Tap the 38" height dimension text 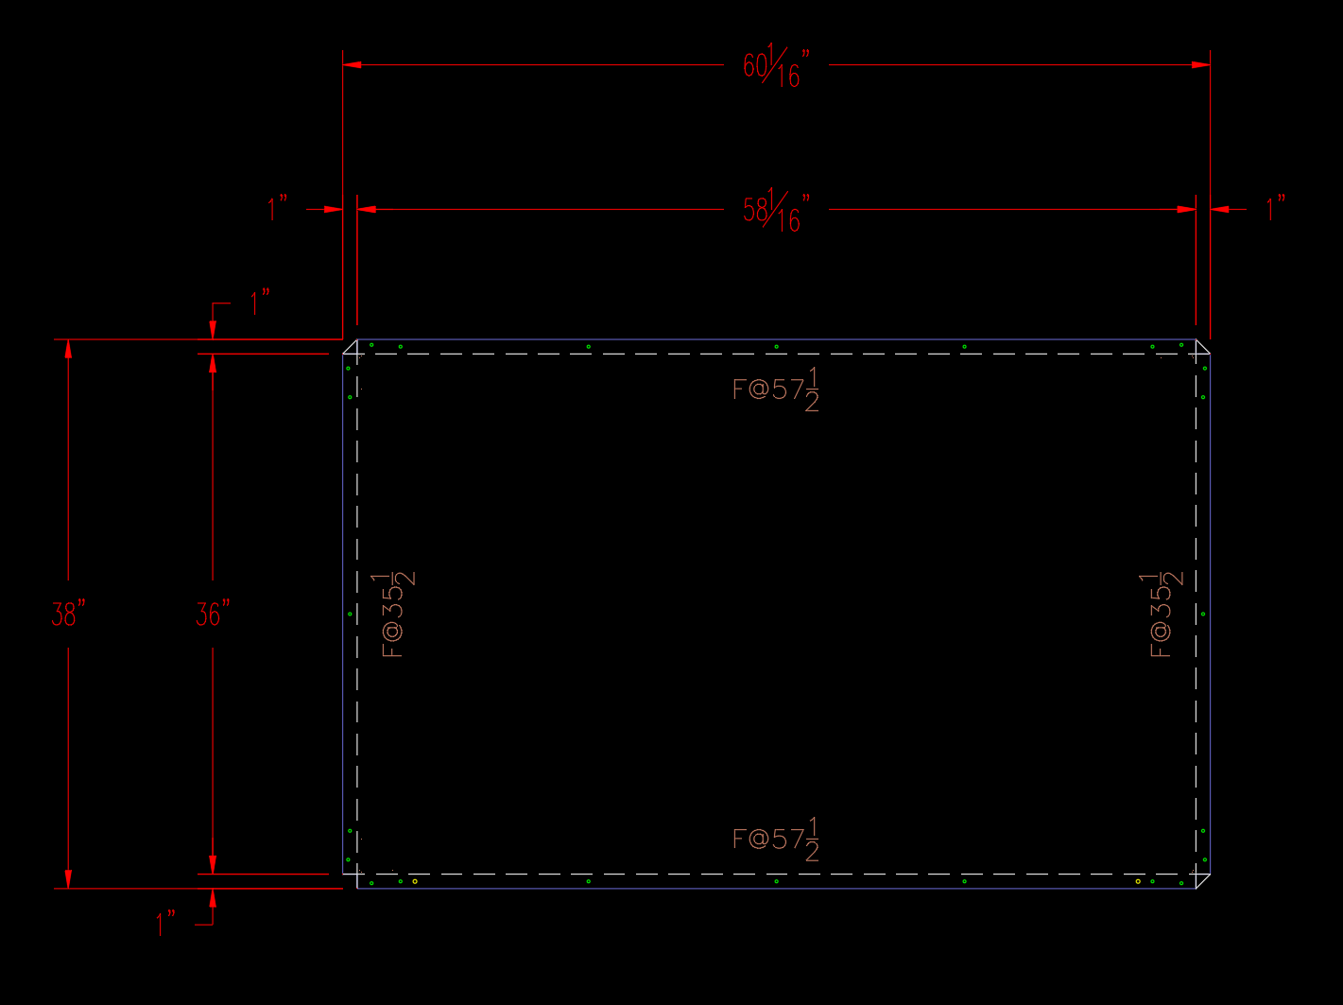coord(68,615)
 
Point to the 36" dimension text coord(213,615)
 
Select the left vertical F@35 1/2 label coord(397,615)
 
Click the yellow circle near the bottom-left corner coord(415,881)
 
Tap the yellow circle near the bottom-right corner coord(1138,881)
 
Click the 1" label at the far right coord(1276,208)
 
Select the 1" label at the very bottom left coord(166,923)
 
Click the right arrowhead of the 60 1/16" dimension coord(1201,65)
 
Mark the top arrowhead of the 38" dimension coord(68,348)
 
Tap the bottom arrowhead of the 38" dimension coord(68,879)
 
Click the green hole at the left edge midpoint coord(350,615)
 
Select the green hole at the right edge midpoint coord(1203,615)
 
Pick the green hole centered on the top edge coord(777,347)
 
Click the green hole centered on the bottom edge coord(777,881)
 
